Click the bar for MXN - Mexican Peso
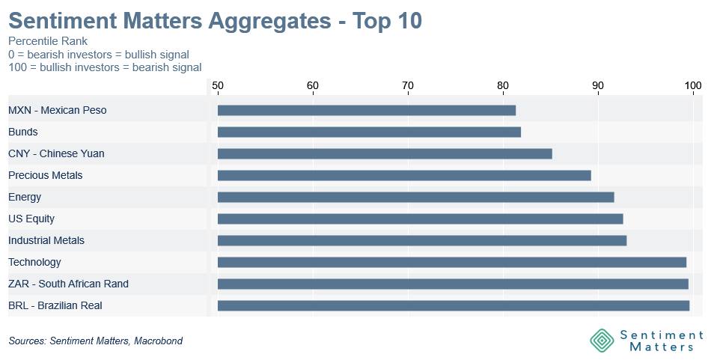(367, 110)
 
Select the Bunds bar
(369, 132)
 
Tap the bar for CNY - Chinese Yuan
(385, 153)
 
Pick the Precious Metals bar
(404, 175)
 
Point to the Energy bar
(416, 198)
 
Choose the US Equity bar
(421, 219)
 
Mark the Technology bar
(451, 262)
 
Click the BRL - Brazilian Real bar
(454, 305)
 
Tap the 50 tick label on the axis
(218, 85)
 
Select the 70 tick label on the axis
(408, 85)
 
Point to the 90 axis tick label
(598, 85)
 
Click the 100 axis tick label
(693, 85)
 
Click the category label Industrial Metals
(46, 240)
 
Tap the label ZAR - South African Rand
(68, 284)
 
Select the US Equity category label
(31, 219)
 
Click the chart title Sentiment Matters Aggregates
(170, 21)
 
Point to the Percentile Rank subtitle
(48, 41)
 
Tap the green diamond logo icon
(602, 340)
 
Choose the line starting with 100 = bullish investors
(105, 67)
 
